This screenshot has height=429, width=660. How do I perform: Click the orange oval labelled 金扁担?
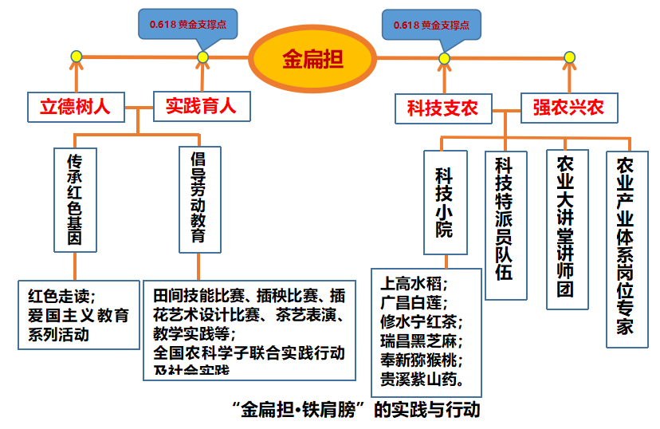(312, 58)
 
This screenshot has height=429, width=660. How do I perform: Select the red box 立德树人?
(76, 105)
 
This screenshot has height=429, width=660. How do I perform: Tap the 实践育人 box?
(200, 105)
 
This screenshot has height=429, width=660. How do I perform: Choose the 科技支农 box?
(442, 108)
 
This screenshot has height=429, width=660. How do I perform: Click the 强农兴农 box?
(568, 108)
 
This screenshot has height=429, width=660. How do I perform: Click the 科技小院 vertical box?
(444, 203)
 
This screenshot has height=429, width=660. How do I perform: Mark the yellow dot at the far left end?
(77, 57)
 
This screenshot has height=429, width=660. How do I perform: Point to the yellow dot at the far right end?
(569, 57)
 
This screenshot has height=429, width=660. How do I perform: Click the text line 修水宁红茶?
(421, 321)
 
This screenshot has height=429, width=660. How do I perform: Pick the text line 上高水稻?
(414, 284)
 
